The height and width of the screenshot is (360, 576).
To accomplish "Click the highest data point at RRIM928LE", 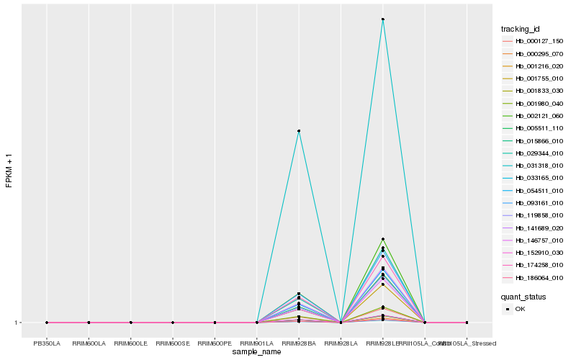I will click(x=383, y=19).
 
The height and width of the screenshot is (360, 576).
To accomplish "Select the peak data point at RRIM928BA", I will click(x=299, y=131).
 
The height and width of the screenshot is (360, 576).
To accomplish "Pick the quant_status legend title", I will click(x=524, y=296).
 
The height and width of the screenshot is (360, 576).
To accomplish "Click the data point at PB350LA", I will click(x=47, y=323).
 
